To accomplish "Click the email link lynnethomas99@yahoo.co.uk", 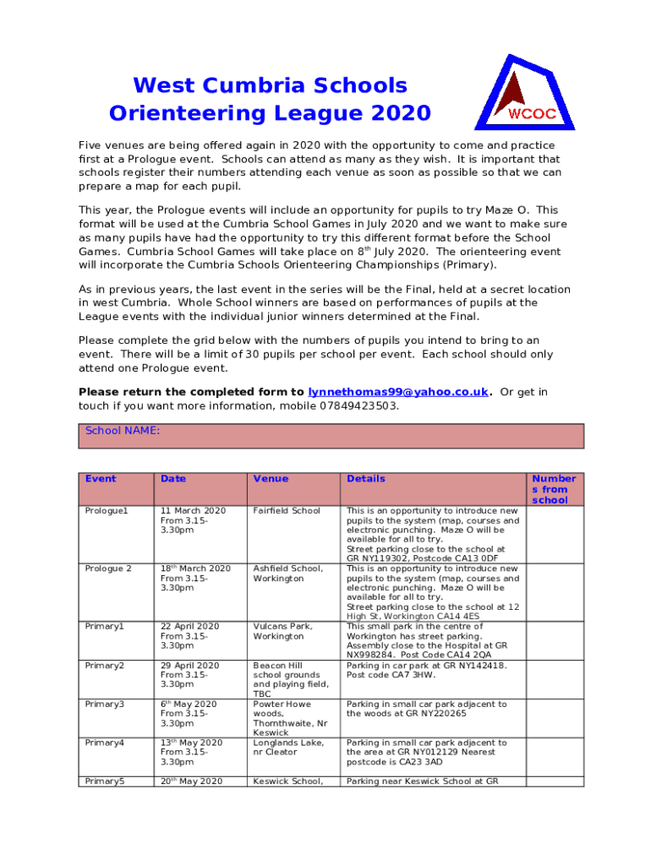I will coord(398,392).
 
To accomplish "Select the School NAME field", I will coord(331,436).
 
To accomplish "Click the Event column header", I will coord(101,479).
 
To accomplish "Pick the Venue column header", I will coord(271,479).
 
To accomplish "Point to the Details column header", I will coord(365,479).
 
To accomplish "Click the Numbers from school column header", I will coord(553,489).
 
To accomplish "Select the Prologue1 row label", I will coord(105,511).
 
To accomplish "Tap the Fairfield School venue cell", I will coord(287,511).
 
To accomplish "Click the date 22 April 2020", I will coord(189,626).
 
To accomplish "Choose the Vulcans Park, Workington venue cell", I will coord(282,631).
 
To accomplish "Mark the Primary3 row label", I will coord(105,705).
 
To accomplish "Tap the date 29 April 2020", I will coord(189,666).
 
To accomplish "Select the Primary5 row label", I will coord(105,781).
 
